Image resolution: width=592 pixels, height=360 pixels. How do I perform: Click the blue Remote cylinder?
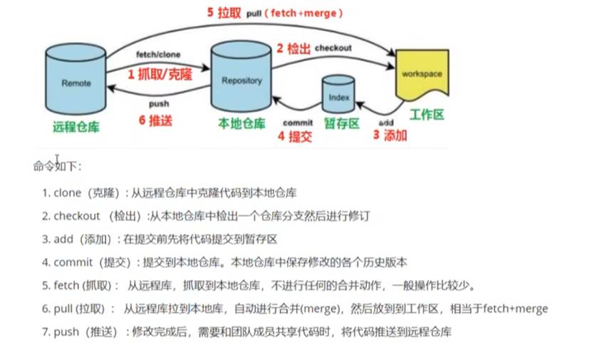click(x=76, y=83)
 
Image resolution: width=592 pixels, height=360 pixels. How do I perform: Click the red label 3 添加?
click(x=390, y=135)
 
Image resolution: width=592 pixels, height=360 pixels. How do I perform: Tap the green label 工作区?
click(x=427, y=114)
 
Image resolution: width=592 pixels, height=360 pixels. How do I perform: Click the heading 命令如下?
click(x=58, y=167)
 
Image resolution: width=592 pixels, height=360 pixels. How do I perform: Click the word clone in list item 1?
click(x=67, y=192)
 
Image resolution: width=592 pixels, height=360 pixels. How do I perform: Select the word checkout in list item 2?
click(x=78, y=215)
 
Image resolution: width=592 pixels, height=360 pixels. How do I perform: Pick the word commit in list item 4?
click(x=73, y=262)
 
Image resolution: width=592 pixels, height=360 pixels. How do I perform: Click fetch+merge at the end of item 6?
click(x=516, y=309)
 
